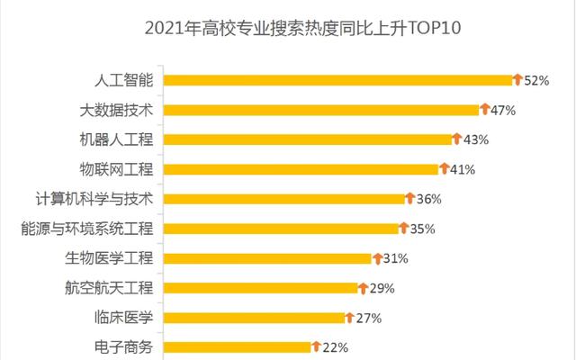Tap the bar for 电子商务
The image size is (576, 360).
point(238,346)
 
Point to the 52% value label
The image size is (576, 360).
point(536,80)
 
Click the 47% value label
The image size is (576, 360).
point(501,110)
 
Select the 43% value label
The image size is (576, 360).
point(475,139)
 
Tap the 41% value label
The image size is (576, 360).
point(463,169)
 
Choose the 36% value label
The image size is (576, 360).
point(429,199)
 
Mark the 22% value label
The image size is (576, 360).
point(335,346)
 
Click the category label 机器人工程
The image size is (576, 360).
point(117,139)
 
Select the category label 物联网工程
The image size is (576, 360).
point(117,169)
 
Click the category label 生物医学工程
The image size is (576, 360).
point(109,258)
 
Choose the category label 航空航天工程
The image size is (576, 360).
point(109,288)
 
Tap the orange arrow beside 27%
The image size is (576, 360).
point(350,317)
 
